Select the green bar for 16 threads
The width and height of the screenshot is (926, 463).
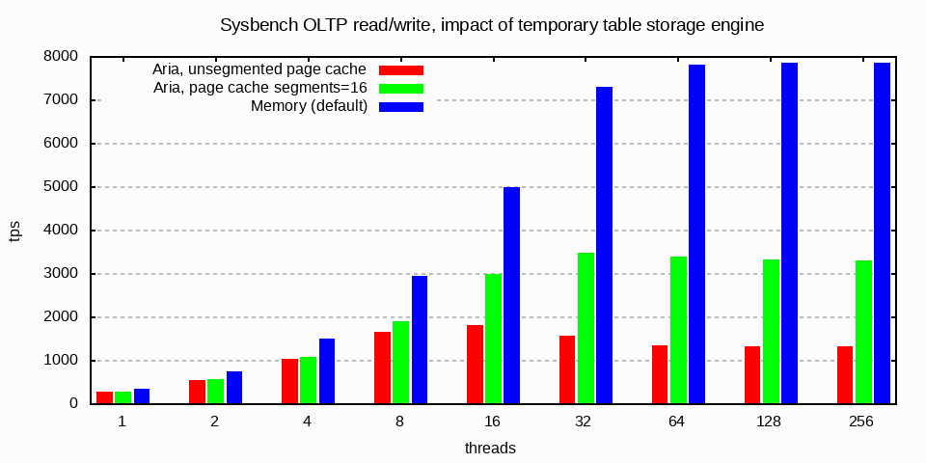click(x=493, y=339)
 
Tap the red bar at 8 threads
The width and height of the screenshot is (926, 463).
click(x=382, y=368)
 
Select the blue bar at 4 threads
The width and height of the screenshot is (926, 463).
click(x=326, y=371)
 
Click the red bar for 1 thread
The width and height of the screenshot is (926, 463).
click(x=104, y=397)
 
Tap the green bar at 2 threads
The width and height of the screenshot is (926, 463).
click(x=215, y=392)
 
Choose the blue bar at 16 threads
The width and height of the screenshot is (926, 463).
click(x=511, y=295)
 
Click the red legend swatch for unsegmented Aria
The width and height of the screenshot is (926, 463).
click(x=401, y=69)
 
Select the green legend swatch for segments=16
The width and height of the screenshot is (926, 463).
click(x=401, y=88)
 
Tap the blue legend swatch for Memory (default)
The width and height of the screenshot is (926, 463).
click(x=401, y=106)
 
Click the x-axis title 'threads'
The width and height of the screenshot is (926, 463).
click(x=490, y=448)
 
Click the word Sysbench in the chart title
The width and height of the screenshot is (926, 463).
click(x=254, y=25)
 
